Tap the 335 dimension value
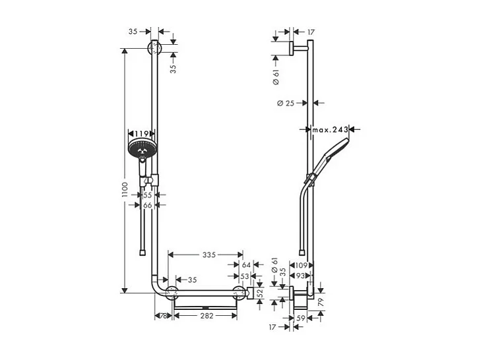coord(208,255)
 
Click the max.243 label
coord(331,129)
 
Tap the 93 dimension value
coord(301,276)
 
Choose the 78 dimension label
coord(162,316)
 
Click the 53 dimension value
coord(245,276)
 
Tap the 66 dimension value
coord(148,206)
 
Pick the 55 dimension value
coord(148,195)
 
